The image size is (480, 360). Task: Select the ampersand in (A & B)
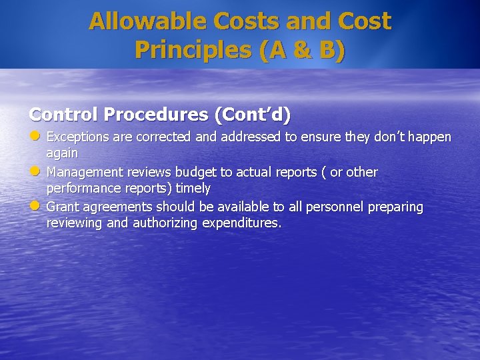[x=299, y=50]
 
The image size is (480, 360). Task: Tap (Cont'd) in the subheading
[x=252, y=115]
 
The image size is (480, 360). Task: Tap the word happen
[x=431, y=137]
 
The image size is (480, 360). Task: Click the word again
[x=61, y=153]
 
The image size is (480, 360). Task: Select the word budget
[x=196, y=173]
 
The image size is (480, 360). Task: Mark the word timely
[x=193, y=189]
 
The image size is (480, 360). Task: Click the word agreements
[x=116, y=207]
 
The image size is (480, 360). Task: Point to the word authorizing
[x=163, y=223]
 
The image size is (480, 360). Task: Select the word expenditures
[x=241, y=223]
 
